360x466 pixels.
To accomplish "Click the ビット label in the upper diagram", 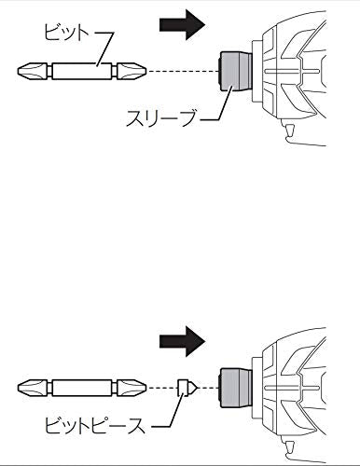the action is point(66,33).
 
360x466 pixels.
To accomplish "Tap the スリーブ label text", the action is point(161,117).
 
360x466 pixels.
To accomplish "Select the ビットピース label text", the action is point(95,426).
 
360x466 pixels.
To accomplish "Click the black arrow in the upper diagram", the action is point(182,25).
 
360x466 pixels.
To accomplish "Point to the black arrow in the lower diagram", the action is point(182,341).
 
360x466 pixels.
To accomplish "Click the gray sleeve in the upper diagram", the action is point(235,72).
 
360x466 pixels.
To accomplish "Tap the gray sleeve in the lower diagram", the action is point(235,388).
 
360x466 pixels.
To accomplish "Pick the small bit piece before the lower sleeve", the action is point(187,388).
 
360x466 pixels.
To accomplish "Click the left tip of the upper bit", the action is point(18,72).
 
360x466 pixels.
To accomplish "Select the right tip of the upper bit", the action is point(145,72).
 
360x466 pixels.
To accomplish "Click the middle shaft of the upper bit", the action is point(82,72).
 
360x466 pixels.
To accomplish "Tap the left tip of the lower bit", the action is point(18,388).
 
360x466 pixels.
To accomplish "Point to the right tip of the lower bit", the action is point(145,388).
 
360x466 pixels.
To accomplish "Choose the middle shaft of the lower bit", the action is point(82,388).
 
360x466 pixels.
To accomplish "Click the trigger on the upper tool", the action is point(290,131).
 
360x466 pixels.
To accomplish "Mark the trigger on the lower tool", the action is point(290,447).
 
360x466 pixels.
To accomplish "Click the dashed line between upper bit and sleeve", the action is point(183,72).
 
